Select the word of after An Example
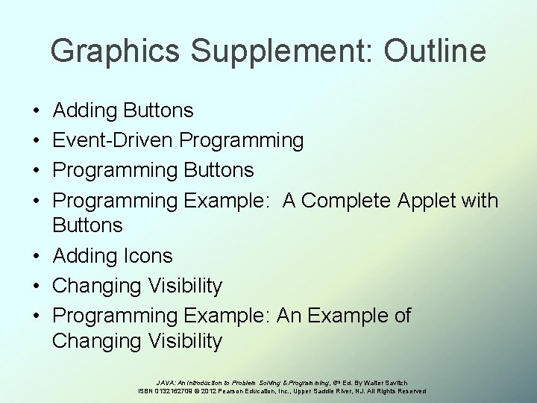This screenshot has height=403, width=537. coord(400,316)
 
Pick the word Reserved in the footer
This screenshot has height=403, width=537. coord(409,391)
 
